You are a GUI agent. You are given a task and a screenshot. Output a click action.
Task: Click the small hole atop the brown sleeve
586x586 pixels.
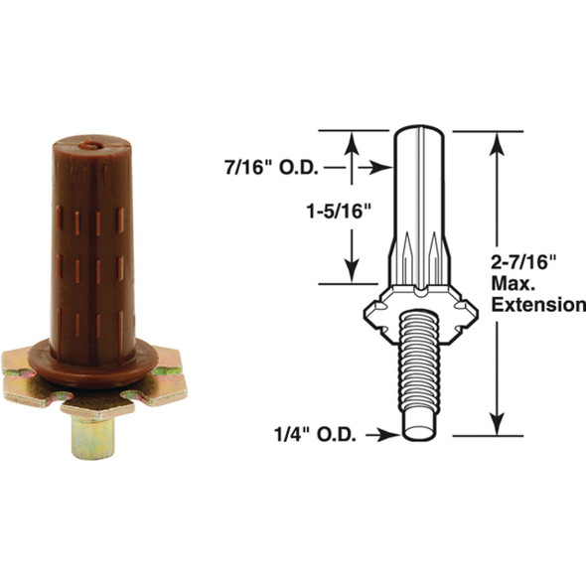pos(91,145)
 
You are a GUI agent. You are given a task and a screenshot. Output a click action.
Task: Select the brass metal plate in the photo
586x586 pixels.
pos(94,383)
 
